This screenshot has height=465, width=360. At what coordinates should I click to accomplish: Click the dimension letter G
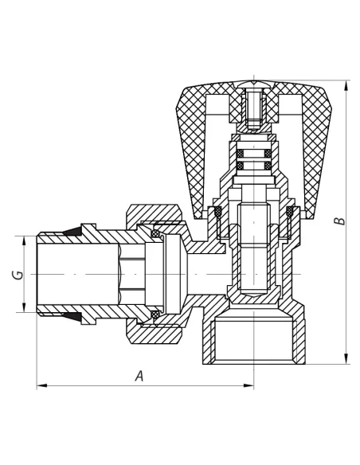(x=18, y=275)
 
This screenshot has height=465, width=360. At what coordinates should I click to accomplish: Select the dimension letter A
(x=139, y=376)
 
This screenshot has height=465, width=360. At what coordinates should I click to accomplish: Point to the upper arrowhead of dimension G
(x=25, y=241)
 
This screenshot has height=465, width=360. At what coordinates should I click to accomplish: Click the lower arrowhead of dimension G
(x=25, y=307)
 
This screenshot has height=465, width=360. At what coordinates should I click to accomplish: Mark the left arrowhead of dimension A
(x=41, y=385)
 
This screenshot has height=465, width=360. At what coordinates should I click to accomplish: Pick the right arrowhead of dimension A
(x=248, y=385)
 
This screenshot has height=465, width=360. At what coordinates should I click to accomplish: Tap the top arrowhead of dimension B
(x=346, y=85)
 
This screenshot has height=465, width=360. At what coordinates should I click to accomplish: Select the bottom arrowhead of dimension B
(x=346, y=358)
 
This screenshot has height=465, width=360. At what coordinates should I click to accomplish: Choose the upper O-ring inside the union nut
(x=155, y=234)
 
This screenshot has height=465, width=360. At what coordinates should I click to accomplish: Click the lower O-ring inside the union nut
(x=155, y=315)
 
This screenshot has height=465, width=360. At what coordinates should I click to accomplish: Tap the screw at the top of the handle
(x=254, y=108)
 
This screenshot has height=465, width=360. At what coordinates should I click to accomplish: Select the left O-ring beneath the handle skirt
(x=218, y=211)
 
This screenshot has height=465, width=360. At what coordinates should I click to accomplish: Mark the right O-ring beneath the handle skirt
(x=289, y=211)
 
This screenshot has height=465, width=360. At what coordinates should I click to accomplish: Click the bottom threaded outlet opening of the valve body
(x=254, y=341)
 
